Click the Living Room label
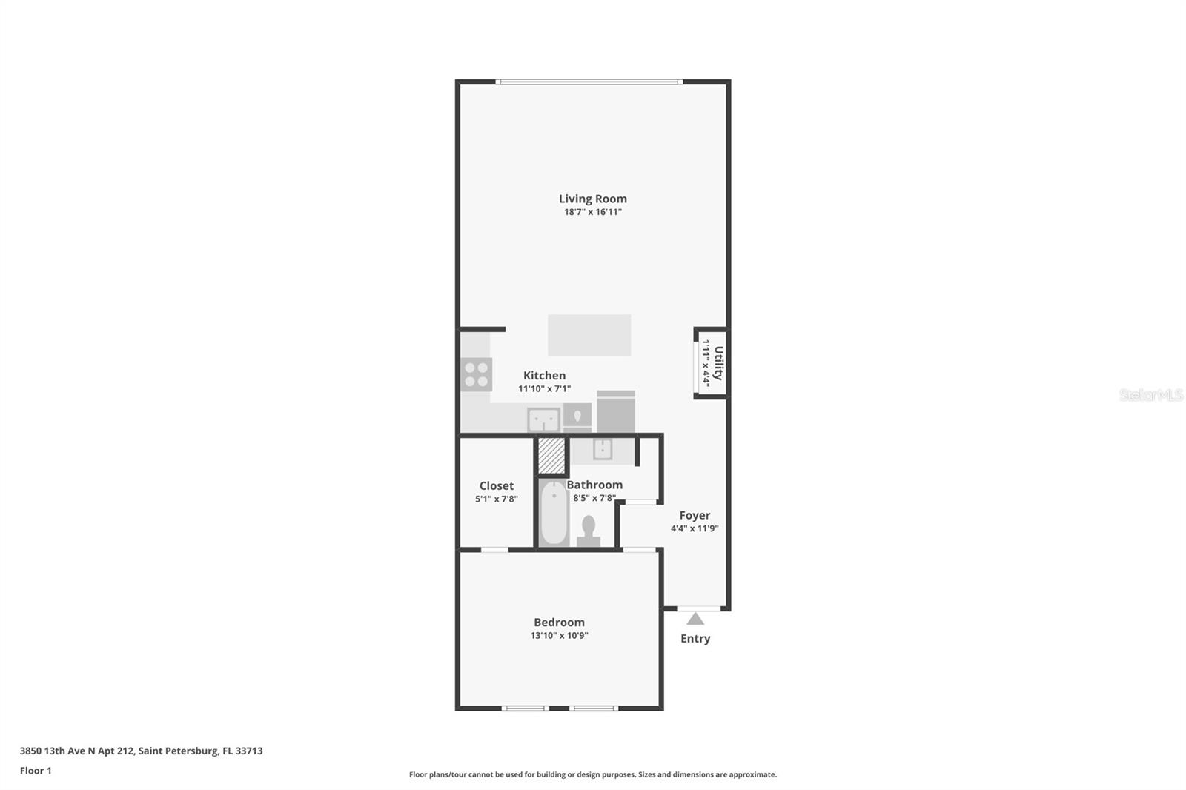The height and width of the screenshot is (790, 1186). click(592, 199)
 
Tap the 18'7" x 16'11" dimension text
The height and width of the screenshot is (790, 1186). click(592, 212)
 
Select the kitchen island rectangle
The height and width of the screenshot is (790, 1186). click(589, 335)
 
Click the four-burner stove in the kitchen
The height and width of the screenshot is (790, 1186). click(476, 374)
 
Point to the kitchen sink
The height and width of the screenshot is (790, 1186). click(543, 420)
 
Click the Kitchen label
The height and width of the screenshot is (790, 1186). click(544, 376)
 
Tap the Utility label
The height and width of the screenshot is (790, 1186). click(718, 363)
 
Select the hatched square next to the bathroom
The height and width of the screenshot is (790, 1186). click(551, 456)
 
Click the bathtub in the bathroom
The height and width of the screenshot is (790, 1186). click(553, 514)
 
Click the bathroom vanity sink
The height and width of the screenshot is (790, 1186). click(603, 449)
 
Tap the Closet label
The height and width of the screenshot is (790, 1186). click(496, 486)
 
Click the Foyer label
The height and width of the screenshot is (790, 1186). click(695, 515)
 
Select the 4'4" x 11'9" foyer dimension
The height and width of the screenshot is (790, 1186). click(695, 528)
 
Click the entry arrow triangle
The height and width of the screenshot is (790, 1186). click(695, 619)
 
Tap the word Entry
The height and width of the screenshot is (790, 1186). click(695, 638)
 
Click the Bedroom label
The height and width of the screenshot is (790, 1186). click(559, 623)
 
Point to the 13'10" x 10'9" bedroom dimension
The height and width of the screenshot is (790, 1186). click(559, 635)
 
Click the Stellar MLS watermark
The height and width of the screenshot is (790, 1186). click(1150, 395)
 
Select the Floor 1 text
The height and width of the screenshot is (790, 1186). click(36, 771)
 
